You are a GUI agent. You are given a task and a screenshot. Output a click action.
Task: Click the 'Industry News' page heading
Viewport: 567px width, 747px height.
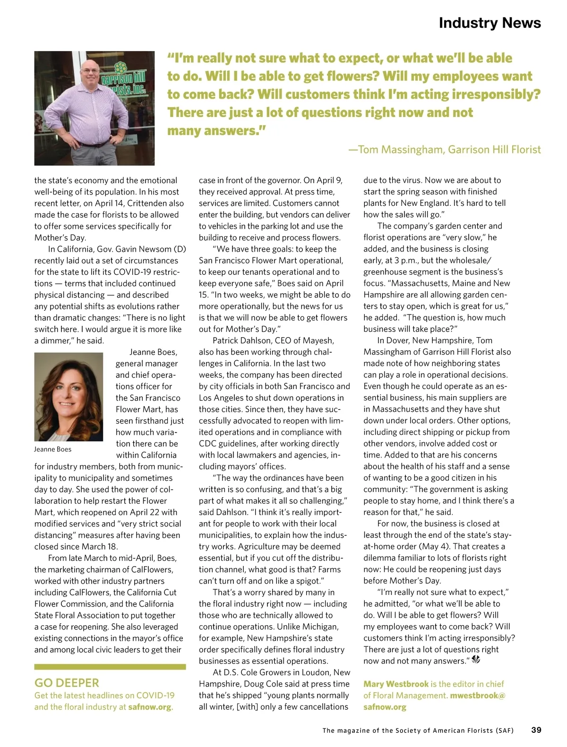pos(490,23)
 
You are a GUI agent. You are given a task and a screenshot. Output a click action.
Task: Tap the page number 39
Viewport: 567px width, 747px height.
pos(536,730)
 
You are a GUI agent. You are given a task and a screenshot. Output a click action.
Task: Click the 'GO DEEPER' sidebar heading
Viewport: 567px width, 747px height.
pos(67,683)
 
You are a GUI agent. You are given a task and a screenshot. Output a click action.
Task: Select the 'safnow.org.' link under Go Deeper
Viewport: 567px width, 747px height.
pos(151,707)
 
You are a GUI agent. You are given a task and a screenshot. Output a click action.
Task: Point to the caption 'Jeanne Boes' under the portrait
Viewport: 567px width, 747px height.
pos(53,449)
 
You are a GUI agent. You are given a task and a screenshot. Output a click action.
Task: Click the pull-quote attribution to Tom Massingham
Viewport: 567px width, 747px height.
pos(445,150)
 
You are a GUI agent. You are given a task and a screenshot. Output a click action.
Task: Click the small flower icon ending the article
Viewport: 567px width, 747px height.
pos(476,660)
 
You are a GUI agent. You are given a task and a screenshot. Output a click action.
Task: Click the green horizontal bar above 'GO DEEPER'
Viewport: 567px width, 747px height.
pos(110,667)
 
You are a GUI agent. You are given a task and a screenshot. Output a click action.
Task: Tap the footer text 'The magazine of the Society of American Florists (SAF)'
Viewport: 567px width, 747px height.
pos(418,730)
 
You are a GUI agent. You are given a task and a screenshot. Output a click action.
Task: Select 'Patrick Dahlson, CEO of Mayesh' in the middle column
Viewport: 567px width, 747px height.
pos(273,340)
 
